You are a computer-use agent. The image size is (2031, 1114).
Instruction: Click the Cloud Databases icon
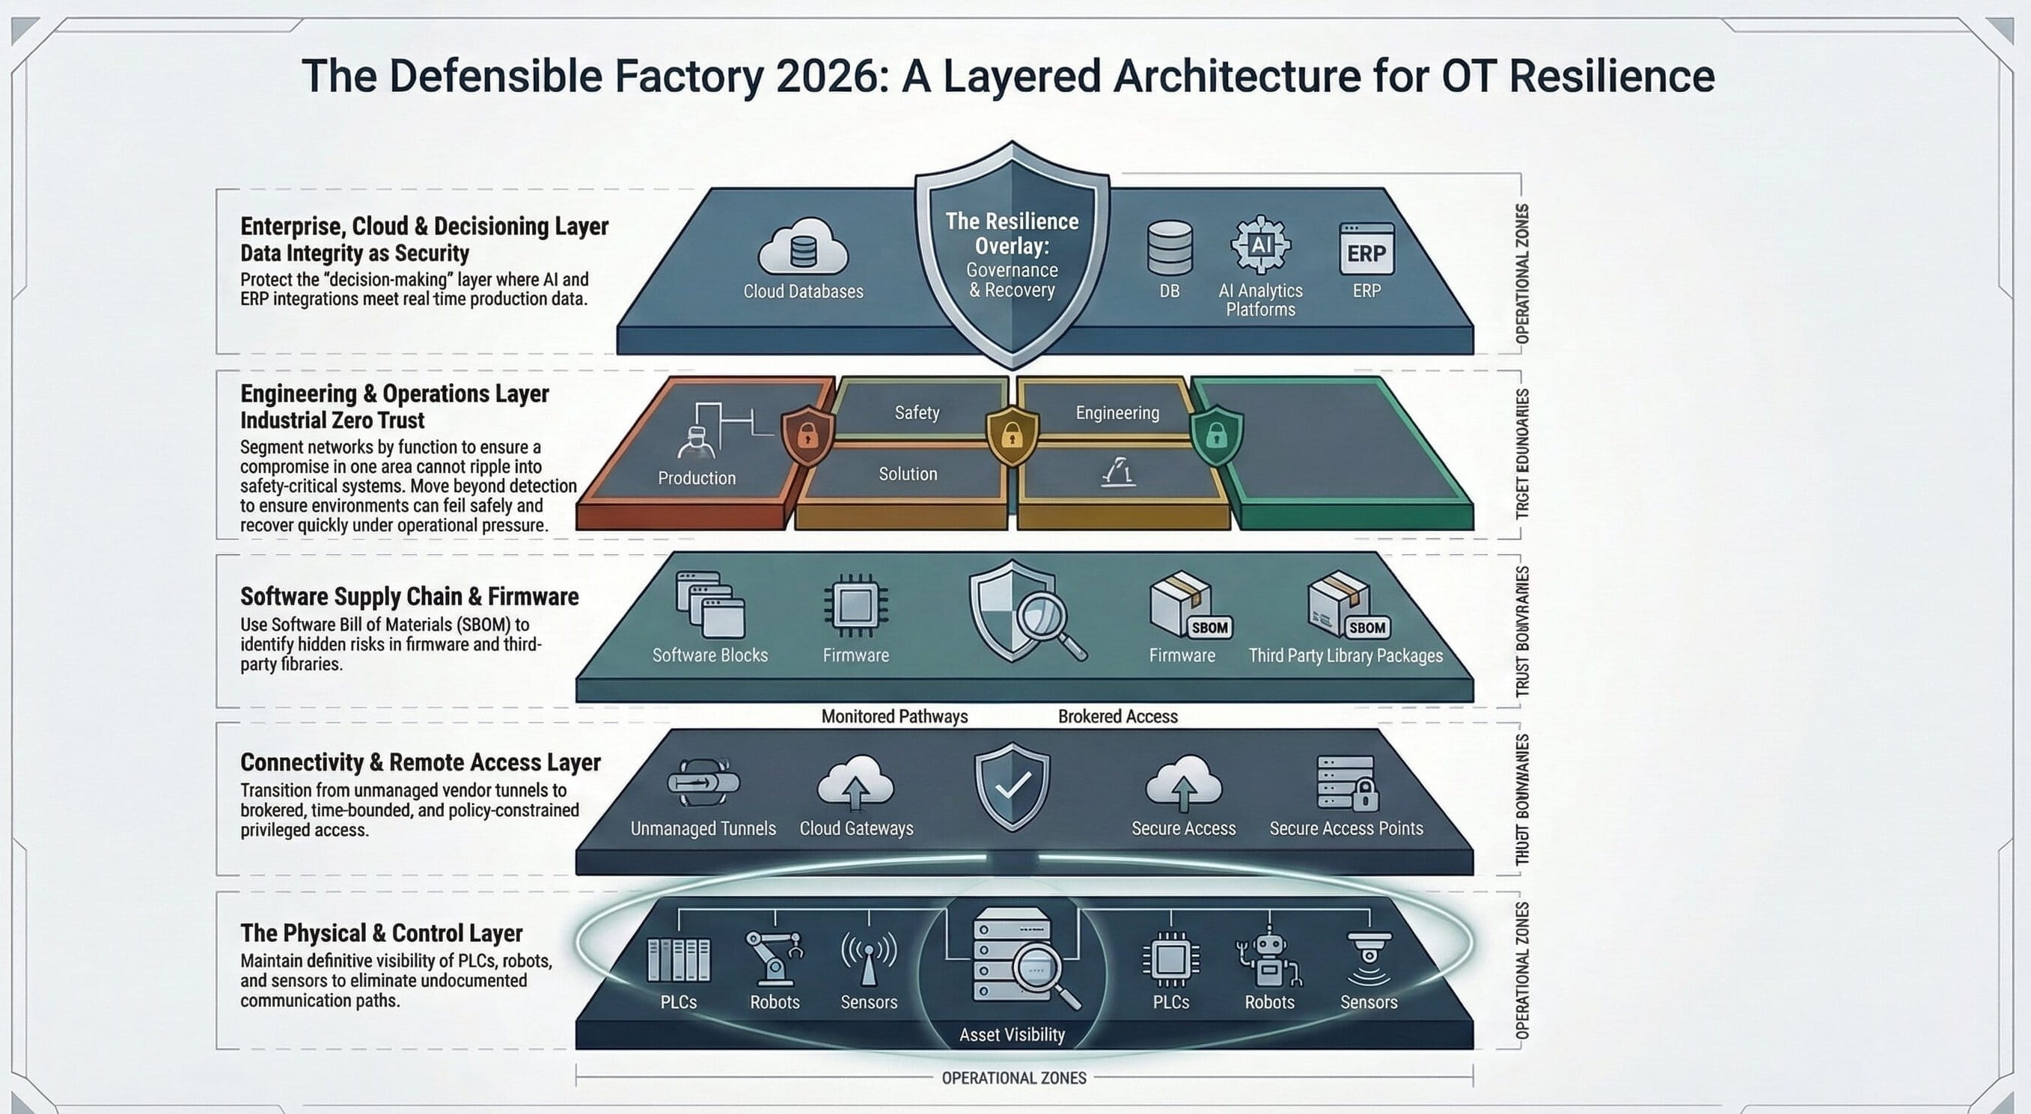coord(803,247)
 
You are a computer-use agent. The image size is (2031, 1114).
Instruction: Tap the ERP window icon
coord(1366,249)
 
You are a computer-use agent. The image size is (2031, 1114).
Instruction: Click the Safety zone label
coord(917,412)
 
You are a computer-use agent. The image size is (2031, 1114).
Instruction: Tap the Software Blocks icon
coord(709,605)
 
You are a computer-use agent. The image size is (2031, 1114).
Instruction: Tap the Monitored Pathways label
coord(894,716)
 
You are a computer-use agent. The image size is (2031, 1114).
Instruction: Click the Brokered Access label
coord(1117,716)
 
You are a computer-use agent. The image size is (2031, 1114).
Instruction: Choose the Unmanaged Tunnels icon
coord(703,782)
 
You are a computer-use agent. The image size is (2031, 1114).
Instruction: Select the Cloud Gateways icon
coord(855,782)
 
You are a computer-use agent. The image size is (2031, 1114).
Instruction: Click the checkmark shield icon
coord(1013,786)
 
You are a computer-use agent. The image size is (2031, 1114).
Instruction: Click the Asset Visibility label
coord(1012,1035)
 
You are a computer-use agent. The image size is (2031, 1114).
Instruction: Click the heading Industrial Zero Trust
coord(332,420)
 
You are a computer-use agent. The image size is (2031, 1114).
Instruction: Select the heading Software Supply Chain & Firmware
coord(409,597)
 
